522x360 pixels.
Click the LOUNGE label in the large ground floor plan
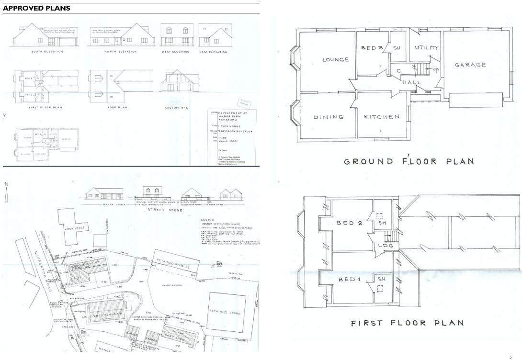pos(335,60)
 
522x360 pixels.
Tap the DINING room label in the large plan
pos(329,117)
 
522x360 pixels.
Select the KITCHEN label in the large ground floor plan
pos(381,117)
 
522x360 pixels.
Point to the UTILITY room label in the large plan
pos(427,48)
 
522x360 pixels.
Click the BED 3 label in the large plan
pos(372,48)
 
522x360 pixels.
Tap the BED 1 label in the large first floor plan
pos(347,280)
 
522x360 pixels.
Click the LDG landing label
pos(386,246)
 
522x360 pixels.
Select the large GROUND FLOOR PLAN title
pos(409,161)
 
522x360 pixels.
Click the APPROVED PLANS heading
pos(36,8)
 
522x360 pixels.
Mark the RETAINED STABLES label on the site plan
pos(173,264)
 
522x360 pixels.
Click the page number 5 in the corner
pos(511,357)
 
